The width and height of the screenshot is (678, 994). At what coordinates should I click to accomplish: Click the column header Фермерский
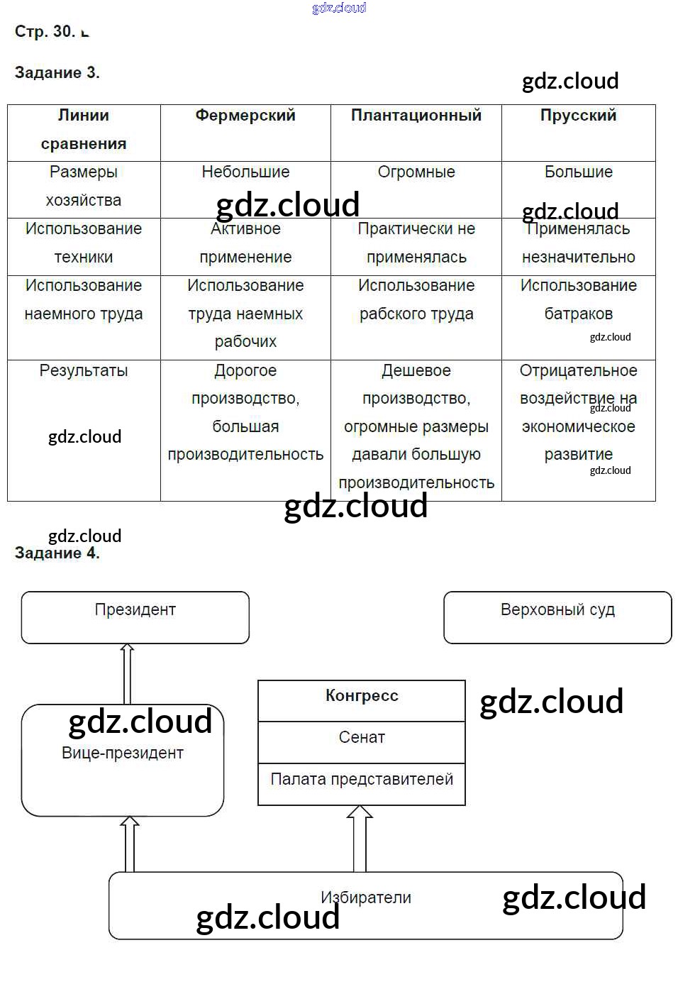245,116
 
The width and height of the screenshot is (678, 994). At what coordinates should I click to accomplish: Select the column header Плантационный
416,116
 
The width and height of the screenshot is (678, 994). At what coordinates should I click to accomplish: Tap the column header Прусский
578,116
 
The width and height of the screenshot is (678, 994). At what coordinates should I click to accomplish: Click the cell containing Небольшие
245,172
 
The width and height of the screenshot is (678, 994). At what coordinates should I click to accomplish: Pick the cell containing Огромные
416,172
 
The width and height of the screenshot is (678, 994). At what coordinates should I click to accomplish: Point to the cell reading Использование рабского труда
416,300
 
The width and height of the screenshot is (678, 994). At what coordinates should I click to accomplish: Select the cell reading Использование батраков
578,300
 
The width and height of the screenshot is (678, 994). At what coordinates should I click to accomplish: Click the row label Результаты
84,371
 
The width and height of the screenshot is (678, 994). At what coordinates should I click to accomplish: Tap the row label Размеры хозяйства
84,187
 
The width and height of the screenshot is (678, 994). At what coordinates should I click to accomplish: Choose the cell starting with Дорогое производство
245,412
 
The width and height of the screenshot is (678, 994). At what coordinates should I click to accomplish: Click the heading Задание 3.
57,72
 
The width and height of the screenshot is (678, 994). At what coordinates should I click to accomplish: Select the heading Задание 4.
57,553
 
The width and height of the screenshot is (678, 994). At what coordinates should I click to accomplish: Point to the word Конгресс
362,696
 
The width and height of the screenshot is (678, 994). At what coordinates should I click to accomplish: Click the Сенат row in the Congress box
362,738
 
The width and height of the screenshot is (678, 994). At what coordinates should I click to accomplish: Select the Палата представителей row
362,780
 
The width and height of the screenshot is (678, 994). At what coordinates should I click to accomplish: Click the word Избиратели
366,898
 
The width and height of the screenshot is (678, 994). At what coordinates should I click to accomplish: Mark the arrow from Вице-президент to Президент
128,674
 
